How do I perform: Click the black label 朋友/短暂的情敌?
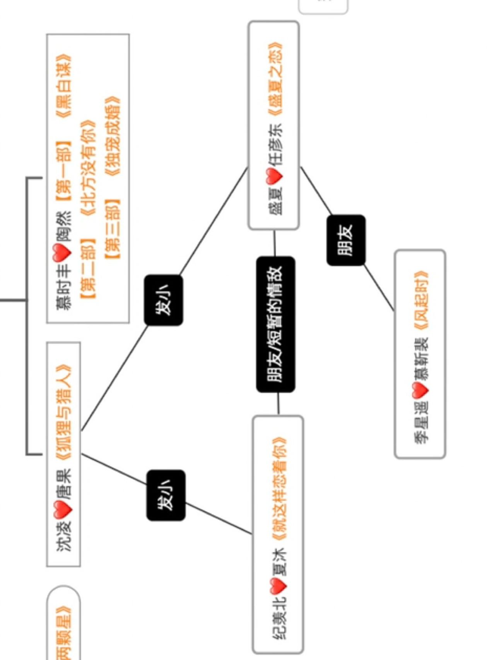point(275,324)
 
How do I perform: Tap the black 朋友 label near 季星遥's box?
point(346,240)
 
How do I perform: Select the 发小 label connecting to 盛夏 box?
point(163,300)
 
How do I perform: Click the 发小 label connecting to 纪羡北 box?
point(166,495)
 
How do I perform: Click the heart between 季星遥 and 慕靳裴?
point(420,391)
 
